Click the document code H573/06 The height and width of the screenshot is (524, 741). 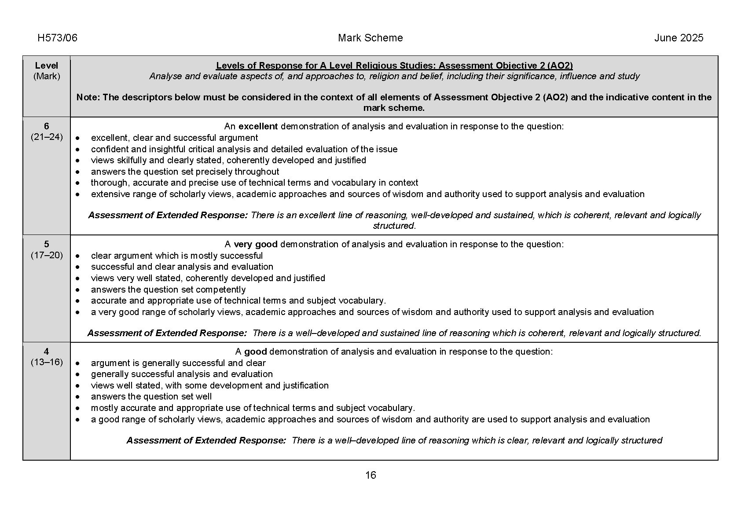click(57, 38)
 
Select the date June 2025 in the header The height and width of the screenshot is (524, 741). click(679, 38)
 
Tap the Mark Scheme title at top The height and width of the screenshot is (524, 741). click(370, 38)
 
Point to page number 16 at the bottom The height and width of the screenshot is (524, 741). click(370, 475)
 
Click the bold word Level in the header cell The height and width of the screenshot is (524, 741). click(47, 66)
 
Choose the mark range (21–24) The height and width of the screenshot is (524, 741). click(47, 137)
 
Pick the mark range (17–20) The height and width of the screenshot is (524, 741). click(47, 255)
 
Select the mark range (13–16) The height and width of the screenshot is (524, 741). click(47, 362)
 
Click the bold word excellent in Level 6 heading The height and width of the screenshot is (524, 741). click(258, 126)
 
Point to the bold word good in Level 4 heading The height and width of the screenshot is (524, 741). click(255, 352)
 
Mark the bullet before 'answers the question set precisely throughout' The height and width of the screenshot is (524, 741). click(78, 172)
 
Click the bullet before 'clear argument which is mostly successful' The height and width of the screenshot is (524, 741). click(78, 256)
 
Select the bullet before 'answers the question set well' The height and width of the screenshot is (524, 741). click(78, 397)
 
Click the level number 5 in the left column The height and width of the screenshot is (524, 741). click(47, 244)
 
